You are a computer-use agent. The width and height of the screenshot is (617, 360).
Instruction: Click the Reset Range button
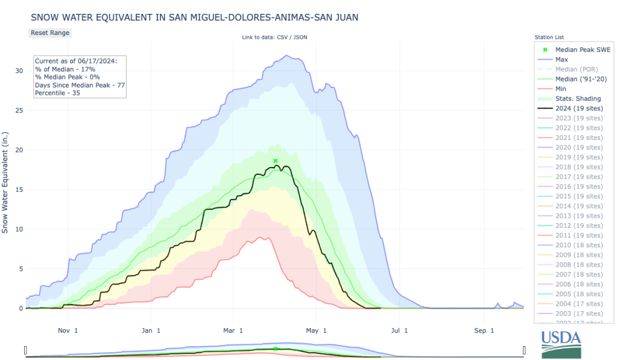(50, 33)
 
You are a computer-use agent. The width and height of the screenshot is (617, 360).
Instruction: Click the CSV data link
(282, 37)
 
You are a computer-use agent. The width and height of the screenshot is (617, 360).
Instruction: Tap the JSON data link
(300, 37)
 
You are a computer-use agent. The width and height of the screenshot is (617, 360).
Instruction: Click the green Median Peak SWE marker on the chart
(275, 161)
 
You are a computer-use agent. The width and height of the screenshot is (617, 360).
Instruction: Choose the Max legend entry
(562, 60)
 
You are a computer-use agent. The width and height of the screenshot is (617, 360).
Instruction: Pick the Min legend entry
(561, 89)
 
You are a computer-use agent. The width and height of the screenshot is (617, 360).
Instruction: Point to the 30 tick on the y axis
(19, 71)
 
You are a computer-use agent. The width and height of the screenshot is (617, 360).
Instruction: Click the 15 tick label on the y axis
(19, 190)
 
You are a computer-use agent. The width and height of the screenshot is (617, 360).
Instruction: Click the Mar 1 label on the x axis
(233, 330)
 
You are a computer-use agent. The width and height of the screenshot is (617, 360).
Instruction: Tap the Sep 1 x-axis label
(484, 330)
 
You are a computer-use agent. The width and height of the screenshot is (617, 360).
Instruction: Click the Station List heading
(549, 37)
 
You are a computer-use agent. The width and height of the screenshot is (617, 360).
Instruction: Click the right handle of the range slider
(524, 350)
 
